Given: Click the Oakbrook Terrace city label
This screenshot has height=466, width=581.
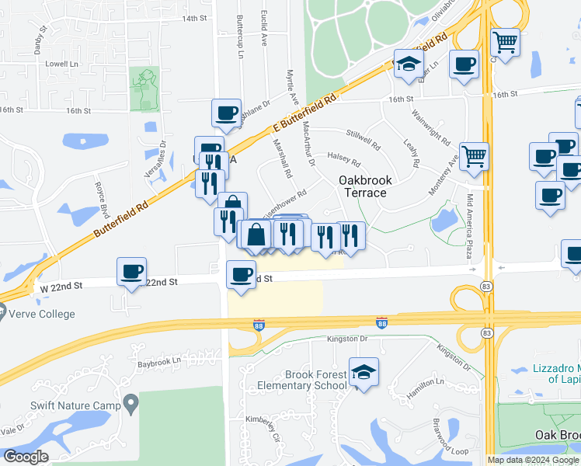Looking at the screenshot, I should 364,186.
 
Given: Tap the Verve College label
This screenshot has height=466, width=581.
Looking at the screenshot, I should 43,315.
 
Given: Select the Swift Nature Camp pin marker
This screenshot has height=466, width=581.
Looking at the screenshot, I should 130,405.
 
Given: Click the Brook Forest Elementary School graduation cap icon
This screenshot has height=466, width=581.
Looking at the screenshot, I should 364,371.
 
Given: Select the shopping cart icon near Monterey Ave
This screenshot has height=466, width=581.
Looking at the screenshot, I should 474,155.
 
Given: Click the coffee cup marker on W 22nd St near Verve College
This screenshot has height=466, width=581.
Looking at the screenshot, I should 131,272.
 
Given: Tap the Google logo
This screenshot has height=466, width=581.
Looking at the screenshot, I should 26,457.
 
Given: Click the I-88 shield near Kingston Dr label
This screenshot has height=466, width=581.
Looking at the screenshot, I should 381,322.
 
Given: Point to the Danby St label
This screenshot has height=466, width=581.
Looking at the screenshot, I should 40,40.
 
